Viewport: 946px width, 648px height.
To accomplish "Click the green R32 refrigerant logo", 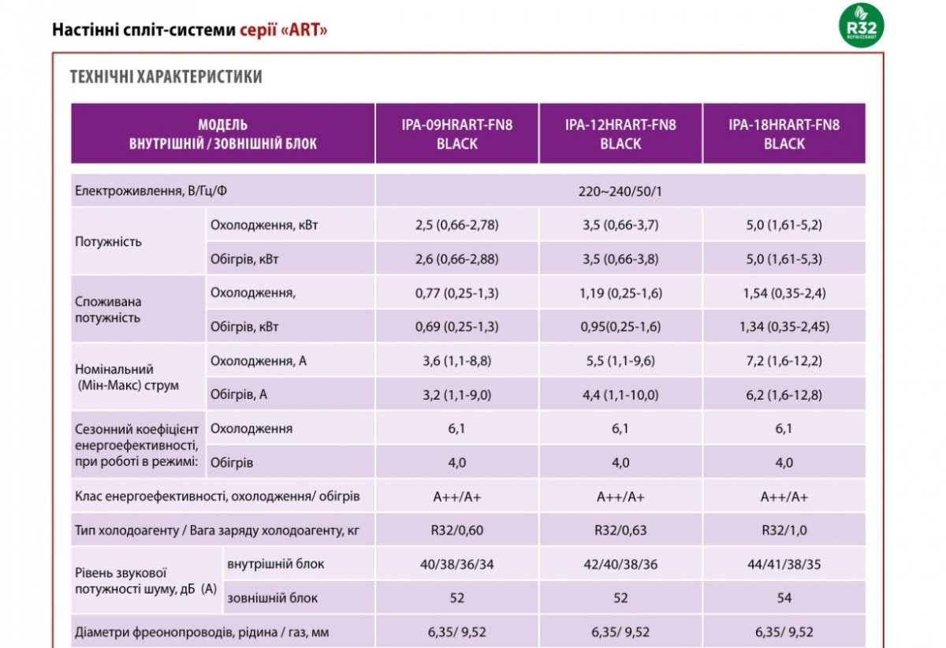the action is [x=861, y=25].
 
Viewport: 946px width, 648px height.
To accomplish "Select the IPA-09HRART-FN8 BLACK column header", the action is [x=457, y=134].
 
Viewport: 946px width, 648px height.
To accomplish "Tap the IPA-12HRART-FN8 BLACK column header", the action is [x=620, y=134].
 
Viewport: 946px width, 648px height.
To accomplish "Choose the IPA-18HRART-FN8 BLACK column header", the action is [x=784, y=134].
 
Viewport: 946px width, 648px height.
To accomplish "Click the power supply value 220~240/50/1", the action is [x=620, y=192].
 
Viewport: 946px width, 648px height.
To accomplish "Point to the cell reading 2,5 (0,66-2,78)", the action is [x=457, y=225].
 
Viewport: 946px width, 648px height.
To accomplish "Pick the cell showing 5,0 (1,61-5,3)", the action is [x=784, y=259].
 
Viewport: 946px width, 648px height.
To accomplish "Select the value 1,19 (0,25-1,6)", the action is [x=620, y=292].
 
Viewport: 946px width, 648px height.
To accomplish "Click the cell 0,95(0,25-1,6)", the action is [x=620, y=326].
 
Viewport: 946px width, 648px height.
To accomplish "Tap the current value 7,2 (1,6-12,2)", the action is [x=784, y=361].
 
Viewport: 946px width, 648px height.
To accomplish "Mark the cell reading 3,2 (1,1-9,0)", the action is [x=457, y=395].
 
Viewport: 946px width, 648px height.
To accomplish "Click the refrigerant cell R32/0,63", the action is [x=620, y=530].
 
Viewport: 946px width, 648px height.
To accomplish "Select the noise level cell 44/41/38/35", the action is [x=784, y=564].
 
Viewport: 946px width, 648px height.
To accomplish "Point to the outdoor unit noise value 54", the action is [x=784, y=598].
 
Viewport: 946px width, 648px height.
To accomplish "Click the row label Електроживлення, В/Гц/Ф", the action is [x=151, y=191].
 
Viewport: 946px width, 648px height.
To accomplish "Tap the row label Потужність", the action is [x=108, y=242].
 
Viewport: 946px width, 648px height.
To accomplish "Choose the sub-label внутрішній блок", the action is [x=275, y=564].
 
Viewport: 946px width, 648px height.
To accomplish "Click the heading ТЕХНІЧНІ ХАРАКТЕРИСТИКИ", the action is [x=166, y=77].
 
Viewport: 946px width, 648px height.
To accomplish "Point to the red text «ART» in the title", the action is [x=304, y=30].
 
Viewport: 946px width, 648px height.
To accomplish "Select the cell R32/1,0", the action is [x=784, y=530].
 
